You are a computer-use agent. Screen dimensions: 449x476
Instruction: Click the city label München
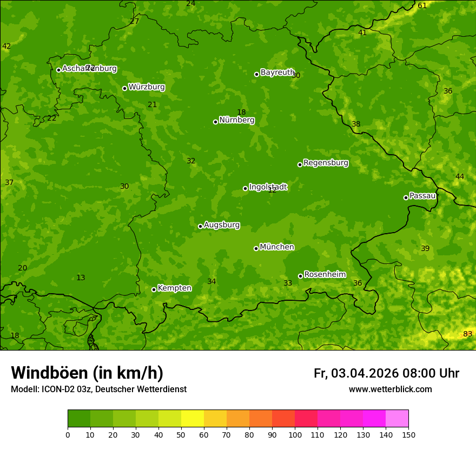(x=276, y=247)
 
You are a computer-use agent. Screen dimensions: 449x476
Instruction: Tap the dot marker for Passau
(x=406, y=197)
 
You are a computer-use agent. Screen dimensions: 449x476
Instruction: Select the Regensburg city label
(x=326, y=163)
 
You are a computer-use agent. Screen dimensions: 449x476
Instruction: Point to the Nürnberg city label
(x=236, y=120)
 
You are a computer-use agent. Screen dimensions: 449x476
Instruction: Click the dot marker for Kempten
(x=154, y=289)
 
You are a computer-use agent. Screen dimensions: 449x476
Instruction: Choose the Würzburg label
(x=147, y=87)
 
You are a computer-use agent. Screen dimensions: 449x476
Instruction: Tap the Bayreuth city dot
(x=256, y=74)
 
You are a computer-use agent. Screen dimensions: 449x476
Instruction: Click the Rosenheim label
(x=325, y=275)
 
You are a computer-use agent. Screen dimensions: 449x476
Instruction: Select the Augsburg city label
(x=222, y=225)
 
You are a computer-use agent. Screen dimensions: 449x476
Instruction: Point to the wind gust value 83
(x=468, y=334)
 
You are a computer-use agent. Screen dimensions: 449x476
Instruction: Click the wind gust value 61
(x=422, y=5)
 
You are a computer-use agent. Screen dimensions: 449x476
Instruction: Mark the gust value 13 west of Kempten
(x=81, y=278)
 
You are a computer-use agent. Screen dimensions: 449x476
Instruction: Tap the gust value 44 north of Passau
(x=460, y=177)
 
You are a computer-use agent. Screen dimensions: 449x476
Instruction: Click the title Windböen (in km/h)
(x=87, y=373)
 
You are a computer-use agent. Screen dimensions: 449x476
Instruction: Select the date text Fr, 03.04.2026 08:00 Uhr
(x=386, y=373)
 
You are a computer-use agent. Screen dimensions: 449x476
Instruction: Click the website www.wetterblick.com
(x=390, y=389)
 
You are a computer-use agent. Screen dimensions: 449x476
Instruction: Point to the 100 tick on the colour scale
(x=295, y=434)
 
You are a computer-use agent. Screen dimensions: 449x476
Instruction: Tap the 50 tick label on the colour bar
(x=181, y=434)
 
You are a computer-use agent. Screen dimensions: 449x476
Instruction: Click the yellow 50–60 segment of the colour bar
(x=193, y=419)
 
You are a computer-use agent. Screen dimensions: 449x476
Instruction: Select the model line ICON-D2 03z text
(x=98, y=389)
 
